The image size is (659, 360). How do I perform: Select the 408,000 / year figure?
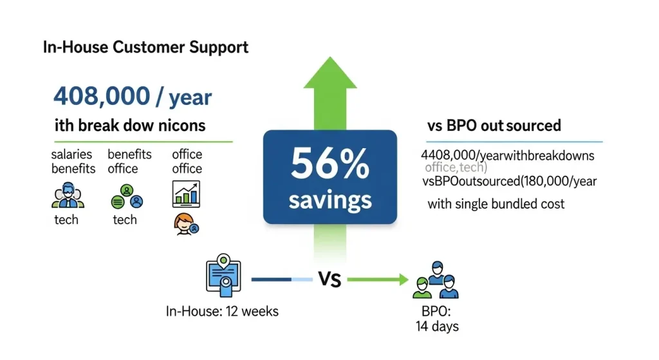[133, 97]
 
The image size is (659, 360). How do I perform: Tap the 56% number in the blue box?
[329, 164]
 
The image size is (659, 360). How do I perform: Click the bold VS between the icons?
[329, 278]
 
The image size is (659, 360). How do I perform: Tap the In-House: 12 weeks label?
[222, 311]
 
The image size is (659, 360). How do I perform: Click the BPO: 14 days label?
[437, 318]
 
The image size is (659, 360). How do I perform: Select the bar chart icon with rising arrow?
[186, 194]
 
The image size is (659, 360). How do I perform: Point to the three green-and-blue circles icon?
[127, 195]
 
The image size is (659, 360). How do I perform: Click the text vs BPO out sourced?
[494, 125]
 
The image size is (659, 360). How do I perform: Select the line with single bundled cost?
[496, 204]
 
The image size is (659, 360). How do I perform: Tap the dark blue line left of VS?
[271, 279]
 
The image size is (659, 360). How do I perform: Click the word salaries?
[71, 155]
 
